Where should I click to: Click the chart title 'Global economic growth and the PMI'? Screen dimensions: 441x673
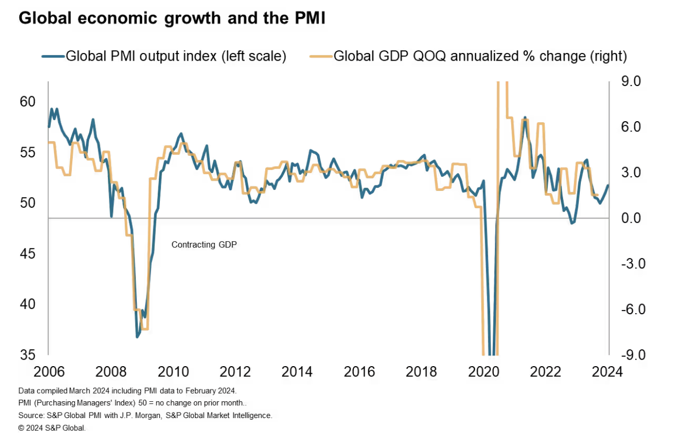tap(172, 19)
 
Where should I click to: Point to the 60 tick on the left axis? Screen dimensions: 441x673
tap(28, 102)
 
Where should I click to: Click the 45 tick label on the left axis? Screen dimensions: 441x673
tap(28, 253)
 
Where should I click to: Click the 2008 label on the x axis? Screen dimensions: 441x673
tap(111, 371)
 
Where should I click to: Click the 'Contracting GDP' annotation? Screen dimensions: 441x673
tap(204, 244)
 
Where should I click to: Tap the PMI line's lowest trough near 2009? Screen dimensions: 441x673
tap(137, 337)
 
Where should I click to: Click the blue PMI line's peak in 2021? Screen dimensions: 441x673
tap(525, 118)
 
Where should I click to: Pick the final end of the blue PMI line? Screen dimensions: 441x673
tap(608, 185)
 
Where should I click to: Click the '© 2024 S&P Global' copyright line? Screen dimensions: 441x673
tap(52, 428)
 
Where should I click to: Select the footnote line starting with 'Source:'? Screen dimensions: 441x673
tap(145, 416)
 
